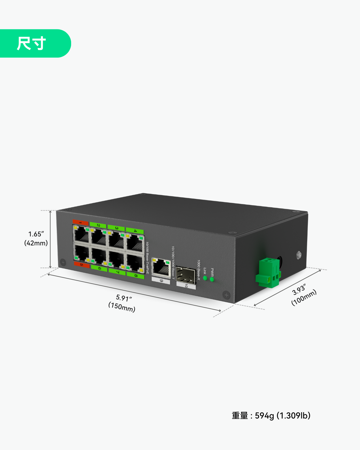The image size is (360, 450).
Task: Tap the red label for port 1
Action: tap(80, 223)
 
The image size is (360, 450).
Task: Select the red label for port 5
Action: tap(82, 265)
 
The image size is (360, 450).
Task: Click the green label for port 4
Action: tap(135, 231)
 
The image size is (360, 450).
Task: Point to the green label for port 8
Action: tap(136, 275)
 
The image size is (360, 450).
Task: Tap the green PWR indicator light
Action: tap(212, 280)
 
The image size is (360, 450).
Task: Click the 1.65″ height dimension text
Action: tap(36, 234)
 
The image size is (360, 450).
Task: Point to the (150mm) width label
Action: tap(122, 307)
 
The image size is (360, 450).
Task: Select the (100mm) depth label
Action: tap(304, 298)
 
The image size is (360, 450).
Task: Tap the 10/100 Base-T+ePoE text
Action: tap(147, 258)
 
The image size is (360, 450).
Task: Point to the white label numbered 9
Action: tap(161, 280)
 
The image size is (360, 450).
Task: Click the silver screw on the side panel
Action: tap(299, 255)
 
